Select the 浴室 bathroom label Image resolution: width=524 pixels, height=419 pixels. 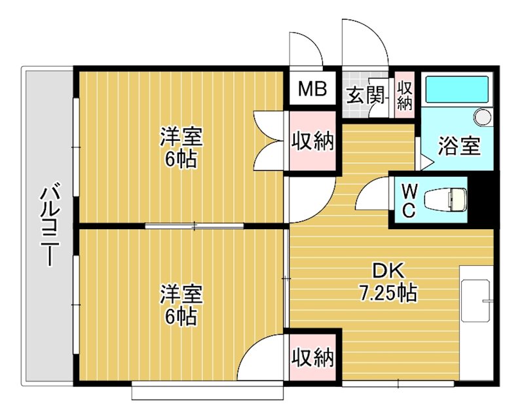(460, 145)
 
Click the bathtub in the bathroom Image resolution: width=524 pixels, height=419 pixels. (457, 90)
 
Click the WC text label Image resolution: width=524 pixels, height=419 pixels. (408, 200)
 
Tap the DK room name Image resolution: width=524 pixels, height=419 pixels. (390, 271)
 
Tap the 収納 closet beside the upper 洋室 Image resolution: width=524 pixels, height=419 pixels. (312, 141)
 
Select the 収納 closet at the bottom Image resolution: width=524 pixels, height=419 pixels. (312, 357)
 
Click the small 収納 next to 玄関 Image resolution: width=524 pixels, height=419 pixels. (405, 96)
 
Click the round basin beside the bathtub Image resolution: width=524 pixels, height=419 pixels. (483, 117)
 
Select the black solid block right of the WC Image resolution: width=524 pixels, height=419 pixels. (481, 198)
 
